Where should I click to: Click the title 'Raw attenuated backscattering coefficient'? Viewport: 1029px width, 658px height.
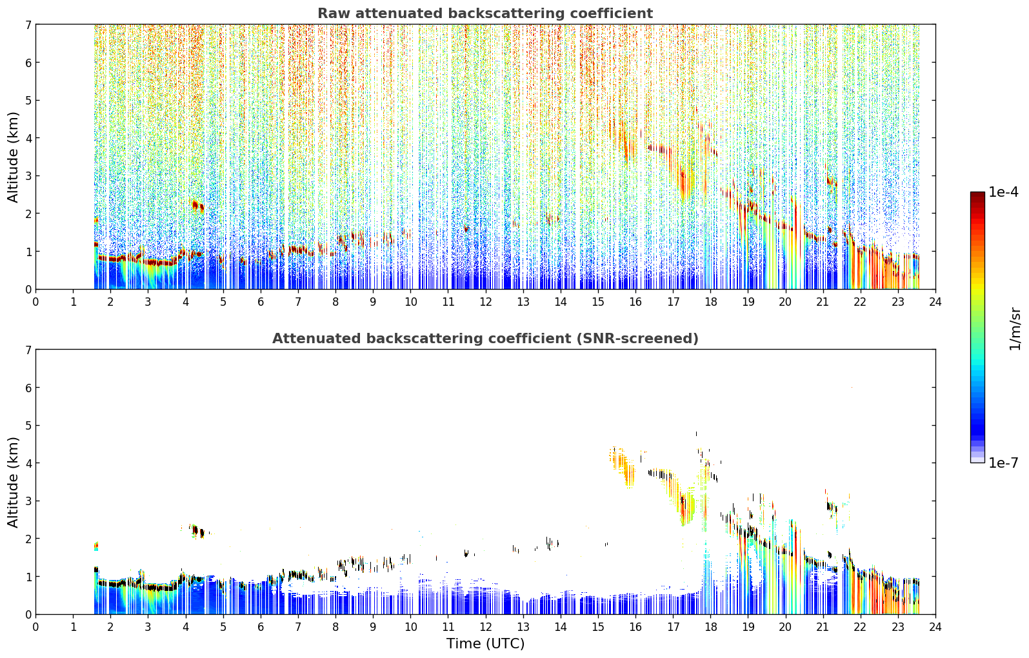click(x=485, y=14)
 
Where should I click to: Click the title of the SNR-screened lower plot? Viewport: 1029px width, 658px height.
click(x=485, y=339)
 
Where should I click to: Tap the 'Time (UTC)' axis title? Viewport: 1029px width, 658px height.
click(x=485, y=644)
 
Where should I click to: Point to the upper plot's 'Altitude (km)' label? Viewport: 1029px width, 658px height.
click(x=13, y=157)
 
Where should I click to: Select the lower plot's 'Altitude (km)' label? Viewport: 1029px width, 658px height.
click(x=13, y=482)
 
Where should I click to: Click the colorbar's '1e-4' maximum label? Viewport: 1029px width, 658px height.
click(x=1003, y=192)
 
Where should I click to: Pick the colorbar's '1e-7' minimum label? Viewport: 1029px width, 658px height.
click(x=1003, y=463)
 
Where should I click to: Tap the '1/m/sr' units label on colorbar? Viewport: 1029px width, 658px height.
click(x=1015, y=329)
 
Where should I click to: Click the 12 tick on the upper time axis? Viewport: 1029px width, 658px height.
click(x=486, y=302)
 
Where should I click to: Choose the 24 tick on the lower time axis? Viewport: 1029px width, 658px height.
click(x=935, y=627)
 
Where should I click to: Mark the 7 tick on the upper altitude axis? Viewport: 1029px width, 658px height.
click(x=28, y=25)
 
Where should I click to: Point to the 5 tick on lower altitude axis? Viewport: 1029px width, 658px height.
click(x=28, y=426)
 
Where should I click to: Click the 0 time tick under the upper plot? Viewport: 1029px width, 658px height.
click(x=36, y=302)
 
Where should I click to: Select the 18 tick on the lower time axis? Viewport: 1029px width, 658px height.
click(x=711, y=627)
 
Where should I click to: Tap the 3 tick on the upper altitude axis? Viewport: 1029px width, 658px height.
click(x=28, y=176)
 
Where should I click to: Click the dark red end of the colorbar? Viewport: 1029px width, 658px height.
click(x=977, y=194)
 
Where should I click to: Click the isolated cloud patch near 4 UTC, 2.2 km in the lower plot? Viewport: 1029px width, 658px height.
click(x=197, y=531)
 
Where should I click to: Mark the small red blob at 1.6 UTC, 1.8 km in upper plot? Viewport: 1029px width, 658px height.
click(x=96, y=221)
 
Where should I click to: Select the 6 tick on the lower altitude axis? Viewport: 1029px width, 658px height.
click(x=28, y=388)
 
